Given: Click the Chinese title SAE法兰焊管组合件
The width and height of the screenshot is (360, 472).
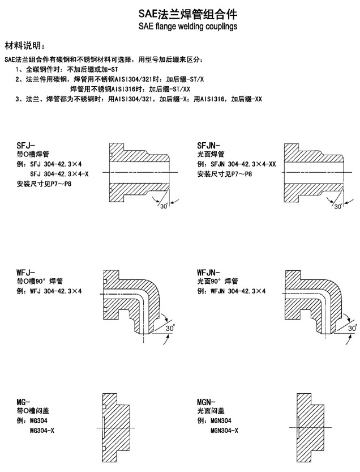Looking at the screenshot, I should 179,12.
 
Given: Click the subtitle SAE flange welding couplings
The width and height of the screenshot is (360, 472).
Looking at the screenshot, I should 179,25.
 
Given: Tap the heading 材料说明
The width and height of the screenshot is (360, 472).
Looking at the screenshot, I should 23,45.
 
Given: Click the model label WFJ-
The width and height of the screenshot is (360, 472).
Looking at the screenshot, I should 26,273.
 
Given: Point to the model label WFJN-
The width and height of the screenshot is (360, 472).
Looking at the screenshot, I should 209,273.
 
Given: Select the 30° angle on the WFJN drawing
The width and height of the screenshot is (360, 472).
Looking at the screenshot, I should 352,328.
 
